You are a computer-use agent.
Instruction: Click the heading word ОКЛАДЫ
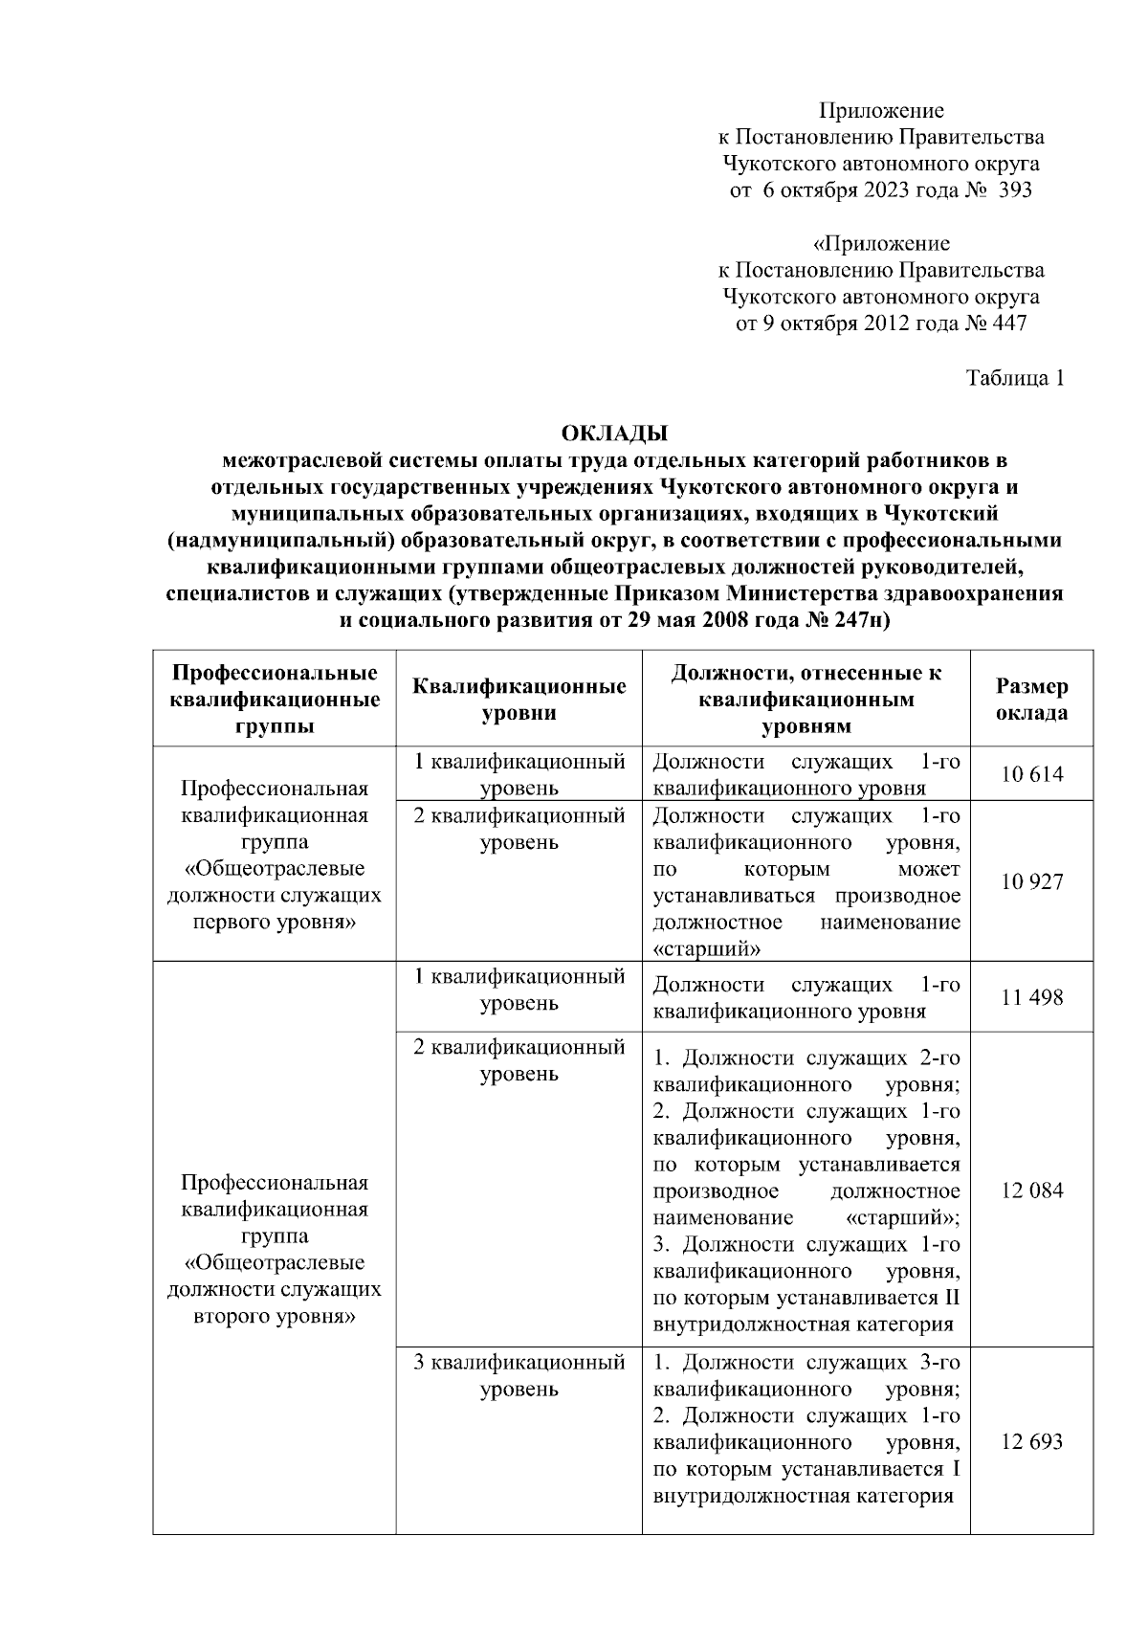pyautogui.click(x=614, y=434)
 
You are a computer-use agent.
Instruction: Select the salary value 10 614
pyautogui.click(x=1031, y=774)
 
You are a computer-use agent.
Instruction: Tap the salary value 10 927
pyautogui.click(x=1031, y=881)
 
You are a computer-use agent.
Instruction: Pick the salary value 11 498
pyautogui.click(x=1031, y=997)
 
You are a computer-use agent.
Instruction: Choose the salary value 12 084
pyautogui.click(x=1031, y=1191)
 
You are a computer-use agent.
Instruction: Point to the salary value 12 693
pyautogui.click(x=1031, y=1442)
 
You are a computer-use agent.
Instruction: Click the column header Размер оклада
pyautogui.click(x=1031, y=700)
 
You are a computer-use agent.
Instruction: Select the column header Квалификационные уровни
pyautogui.click(x=519, y=700)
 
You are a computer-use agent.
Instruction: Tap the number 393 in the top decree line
pyautogui.click(x=1014, y=190)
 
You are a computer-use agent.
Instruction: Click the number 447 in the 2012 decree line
pyautogui.click(x=1009, y=323)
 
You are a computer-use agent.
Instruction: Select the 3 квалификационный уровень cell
pyautogui.click(x=519, y=1375)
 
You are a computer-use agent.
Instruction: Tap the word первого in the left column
pyautogui.click(x=233, y=923)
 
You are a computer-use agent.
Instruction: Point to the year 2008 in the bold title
pyautogui.click(x=732, y=620)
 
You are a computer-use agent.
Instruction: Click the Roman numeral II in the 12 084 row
pyautogui.click(x=951, y=1299)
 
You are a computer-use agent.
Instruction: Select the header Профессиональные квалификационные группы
pyautogui.click(x=275, y=700)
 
